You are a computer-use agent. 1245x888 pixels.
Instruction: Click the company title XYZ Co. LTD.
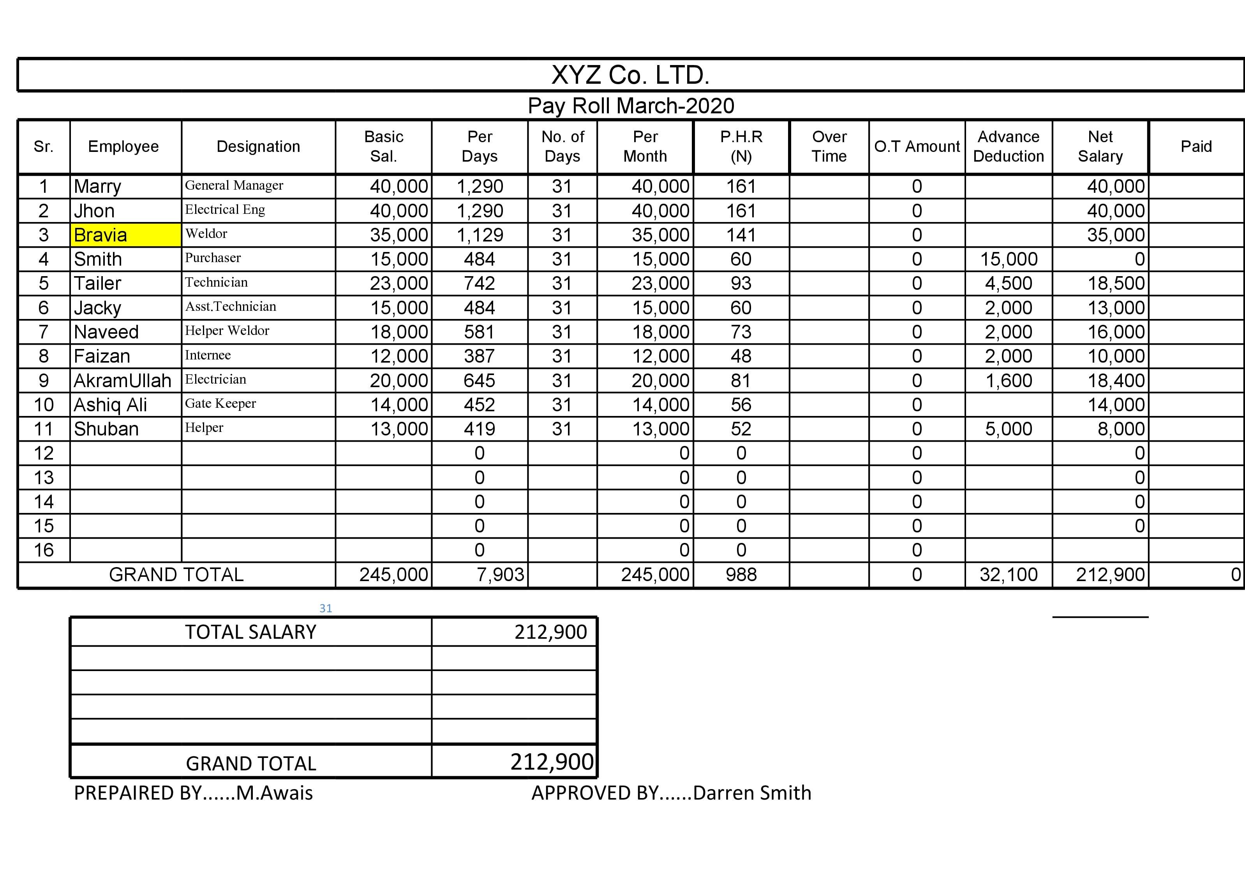point(630,75)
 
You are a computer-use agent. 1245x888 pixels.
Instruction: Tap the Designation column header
point(258,146)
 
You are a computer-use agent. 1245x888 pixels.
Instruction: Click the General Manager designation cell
point(234,185)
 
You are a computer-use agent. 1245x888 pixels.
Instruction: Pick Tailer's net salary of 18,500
point(1115,283)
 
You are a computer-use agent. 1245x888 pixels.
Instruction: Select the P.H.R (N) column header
point(741,146)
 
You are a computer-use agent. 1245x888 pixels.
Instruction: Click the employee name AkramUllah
point(122,381)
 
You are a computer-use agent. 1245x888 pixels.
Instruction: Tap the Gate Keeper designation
point(220,403)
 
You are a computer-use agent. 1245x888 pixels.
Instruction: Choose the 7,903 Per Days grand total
point(500,575)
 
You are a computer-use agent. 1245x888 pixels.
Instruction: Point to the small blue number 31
point(326,608)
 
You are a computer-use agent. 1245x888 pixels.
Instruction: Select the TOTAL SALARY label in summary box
point(250,632)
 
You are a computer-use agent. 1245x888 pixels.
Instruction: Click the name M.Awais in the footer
point(275,793)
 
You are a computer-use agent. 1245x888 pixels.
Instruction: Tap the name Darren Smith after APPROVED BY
point(752,793)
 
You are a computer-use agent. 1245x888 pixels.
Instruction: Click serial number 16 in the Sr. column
point(44,550)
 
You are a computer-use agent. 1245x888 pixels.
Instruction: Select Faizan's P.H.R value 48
point(741,356)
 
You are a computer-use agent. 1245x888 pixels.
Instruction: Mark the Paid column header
point(1196,146)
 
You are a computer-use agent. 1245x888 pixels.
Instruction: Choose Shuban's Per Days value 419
point(479,429)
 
